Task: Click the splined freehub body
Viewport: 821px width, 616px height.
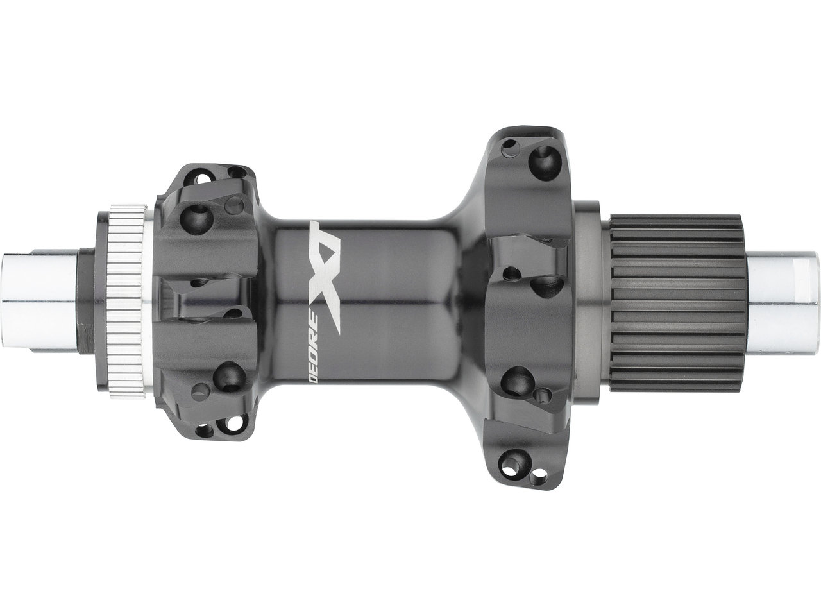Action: (676, 304)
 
